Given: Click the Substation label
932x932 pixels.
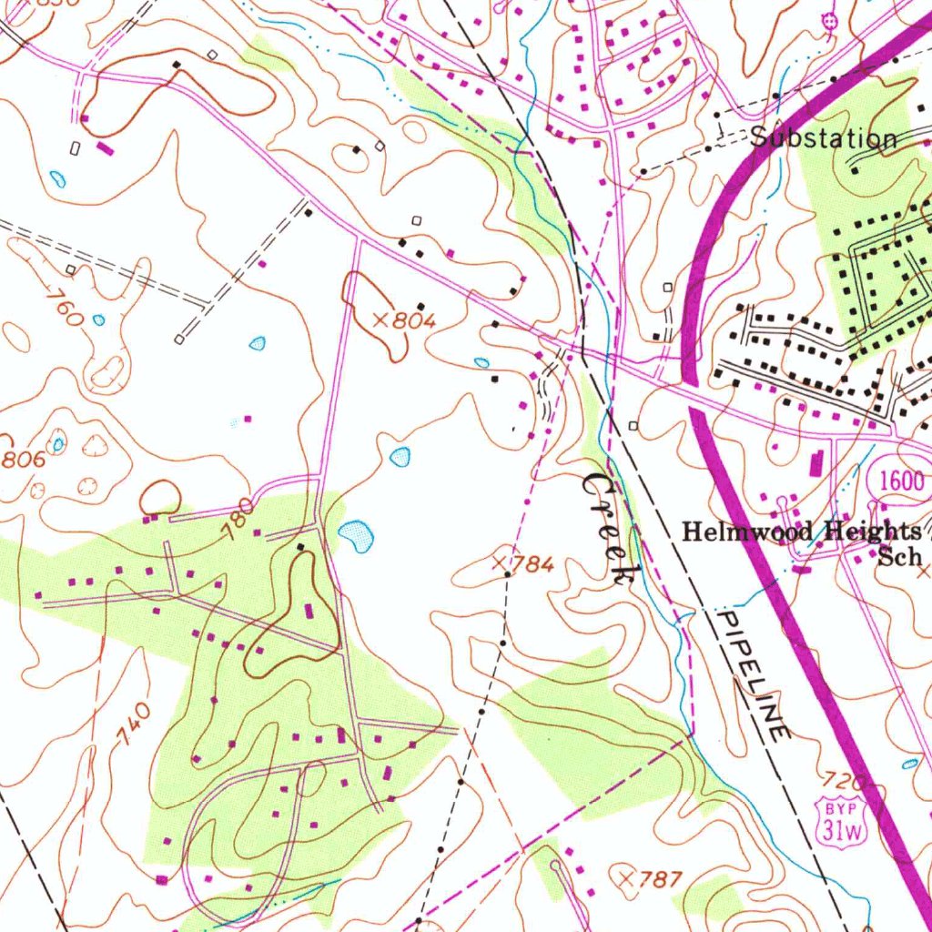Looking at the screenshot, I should (824, 139).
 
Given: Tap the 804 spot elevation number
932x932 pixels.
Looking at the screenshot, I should (415, 320).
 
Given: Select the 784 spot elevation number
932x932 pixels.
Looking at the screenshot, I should (532, 565).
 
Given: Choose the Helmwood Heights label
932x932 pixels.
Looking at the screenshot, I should (801, 532).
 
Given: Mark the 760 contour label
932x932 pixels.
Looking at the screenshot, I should (62, 308).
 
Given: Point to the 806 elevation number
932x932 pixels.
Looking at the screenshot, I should (22, 461).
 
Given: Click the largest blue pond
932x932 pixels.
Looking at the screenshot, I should (356, 535).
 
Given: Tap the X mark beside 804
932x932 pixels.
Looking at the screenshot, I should (381, 319).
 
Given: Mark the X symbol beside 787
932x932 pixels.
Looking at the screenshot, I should (625, 878).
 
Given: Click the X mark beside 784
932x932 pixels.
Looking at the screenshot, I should (499, 564).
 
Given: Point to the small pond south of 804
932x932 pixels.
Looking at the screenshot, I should (400, 456).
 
